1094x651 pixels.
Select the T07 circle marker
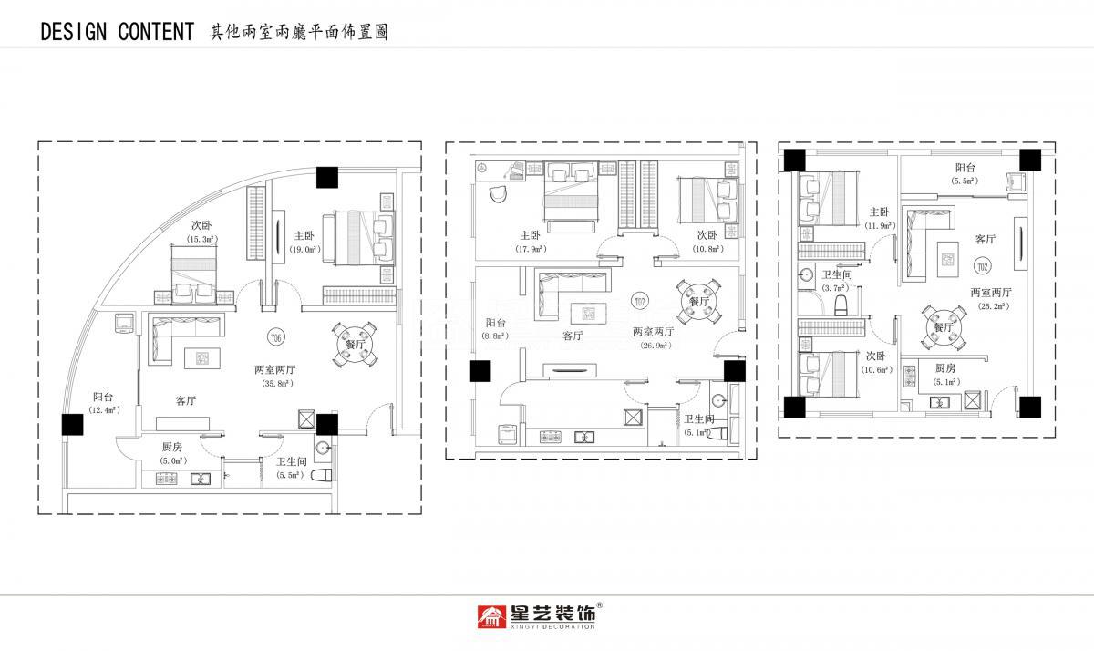(x=640, y=301)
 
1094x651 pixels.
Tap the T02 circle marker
(x=982, y=266)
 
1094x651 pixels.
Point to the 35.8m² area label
(x=274, y=384)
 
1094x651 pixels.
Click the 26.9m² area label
(x=655, y=346)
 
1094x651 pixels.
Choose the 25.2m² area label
(x=993, y=306)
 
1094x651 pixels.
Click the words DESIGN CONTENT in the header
(x=117, y=33)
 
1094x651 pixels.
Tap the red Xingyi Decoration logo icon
(x=492, y=617)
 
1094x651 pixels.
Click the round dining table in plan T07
(x=698, y=300)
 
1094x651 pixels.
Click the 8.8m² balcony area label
(x=496, y=336)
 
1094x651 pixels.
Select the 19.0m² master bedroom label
(x=303, y=249)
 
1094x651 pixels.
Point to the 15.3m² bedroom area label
(x=201, y=239)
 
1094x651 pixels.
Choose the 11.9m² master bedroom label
(x=879, y=224)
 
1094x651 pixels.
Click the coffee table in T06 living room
(x=201, y=358)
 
